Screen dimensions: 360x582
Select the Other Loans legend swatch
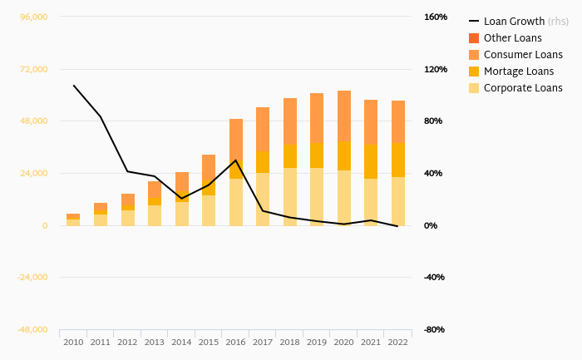tap(474, 38)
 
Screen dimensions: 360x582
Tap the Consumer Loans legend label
tap(523, 55)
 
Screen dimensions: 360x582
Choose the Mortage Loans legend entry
tap(518, 72)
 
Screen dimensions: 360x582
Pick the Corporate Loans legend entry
tap(522, 88)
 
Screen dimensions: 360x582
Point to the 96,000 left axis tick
tap(32, 17)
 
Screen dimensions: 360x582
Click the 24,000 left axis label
tap(32, 173)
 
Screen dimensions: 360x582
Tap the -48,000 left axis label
tap(32, 329)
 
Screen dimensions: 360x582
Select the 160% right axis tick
tap(435, 17)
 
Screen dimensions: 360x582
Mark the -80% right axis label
tap(435, 329)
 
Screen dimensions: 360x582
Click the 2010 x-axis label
tap(73, 343)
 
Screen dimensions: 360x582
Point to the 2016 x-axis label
tap(236, 343)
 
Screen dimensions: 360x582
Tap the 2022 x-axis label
tap(398, 343)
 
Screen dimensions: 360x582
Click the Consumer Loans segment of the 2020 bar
tap(344, 116)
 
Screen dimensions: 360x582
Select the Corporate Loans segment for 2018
tap(290, 196)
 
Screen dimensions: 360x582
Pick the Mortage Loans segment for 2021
tap(371, 161)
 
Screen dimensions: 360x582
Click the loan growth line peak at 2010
tap(73, 86)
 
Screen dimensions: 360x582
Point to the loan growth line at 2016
tap(236, 160)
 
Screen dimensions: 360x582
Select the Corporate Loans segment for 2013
tap(155, 215)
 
